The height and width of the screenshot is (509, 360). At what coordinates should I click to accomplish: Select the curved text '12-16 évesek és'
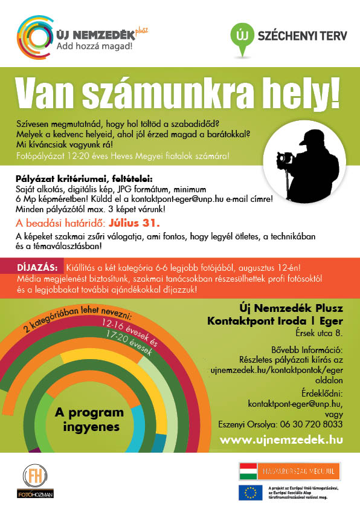131,331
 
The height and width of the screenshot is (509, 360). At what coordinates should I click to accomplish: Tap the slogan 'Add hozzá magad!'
95,45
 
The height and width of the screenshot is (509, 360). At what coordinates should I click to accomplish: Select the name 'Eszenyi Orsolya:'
249,424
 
